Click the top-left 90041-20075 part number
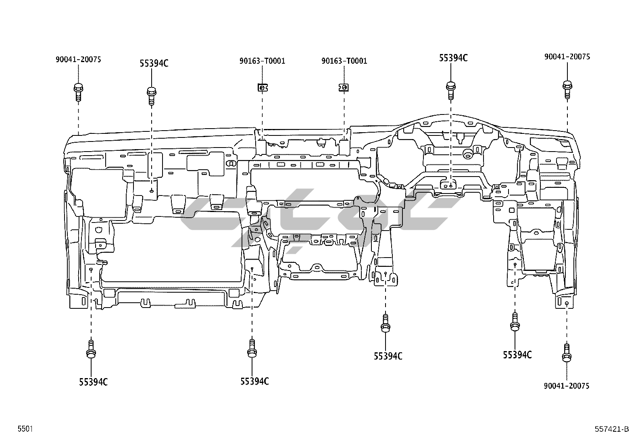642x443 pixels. [x=78, y=60]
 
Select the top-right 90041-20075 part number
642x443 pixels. [x=567, y=57]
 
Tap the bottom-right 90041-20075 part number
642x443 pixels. [x=566, y=386]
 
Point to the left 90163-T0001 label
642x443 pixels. [x=262, y=61]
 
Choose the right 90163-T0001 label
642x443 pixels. [x=344, y=61]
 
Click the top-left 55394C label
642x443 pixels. [x=154, y=63]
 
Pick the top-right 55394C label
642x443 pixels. [x=453, y=58]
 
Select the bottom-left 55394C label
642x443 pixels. [x=93, y=381]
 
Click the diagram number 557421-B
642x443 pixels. [x=612, y=429]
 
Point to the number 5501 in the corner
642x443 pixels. [x=25, y=429]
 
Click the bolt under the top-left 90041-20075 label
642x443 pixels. [x=78, y=92]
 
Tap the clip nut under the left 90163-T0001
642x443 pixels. [x=262, y=87]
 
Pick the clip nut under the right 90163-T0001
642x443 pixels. [x=344, y=87]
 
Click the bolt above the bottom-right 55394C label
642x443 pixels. [x=515, y=322]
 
